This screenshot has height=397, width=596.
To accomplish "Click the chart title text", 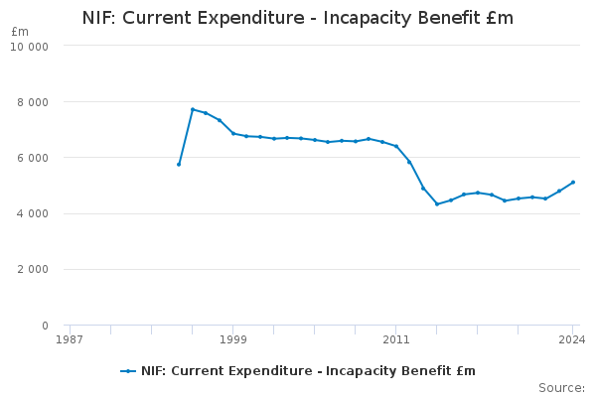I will click(x=298, y=18).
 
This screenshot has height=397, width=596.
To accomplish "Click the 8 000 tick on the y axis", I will click(x=35, y=102).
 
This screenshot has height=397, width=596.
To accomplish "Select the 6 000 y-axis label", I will click(x=35, y=158).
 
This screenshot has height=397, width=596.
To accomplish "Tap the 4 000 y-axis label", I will click(x=35, y=213).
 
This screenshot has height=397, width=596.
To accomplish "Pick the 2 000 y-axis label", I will click(x=35, y=270).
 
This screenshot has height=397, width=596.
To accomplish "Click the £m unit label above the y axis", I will click(x=20, y=32).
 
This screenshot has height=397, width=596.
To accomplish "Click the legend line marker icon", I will click(x=128, y=371).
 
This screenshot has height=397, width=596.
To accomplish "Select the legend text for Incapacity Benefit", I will click(x=308, y=371).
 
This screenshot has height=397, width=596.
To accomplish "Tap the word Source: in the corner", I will click(x=561, y=388).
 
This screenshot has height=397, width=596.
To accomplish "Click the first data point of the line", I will click(x=179, y=165).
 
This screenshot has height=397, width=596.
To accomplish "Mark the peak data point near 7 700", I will click(x=193, y=109).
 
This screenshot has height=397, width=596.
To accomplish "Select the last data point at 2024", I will click(x=573, y=182).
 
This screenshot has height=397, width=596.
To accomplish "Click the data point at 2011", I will click(x=396, y=146).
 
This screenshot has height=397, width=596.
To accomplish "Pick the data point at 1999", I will click(x=233, y=133).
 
